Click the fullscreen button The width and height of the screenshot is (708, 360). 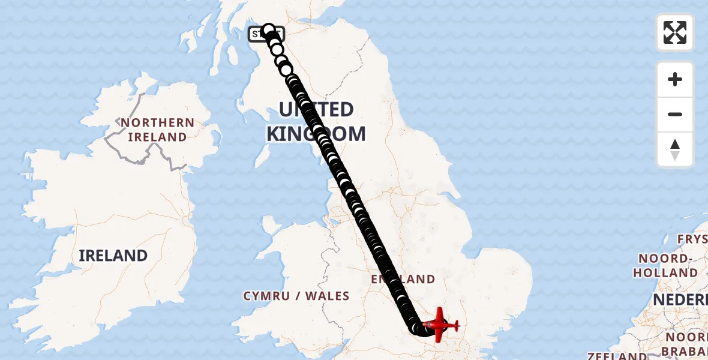675,32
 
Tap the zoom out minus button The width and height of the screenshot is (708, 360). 675,114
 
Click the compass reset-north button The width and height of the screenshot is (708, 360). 675,149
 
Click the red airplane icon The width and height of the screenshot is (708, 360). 441,325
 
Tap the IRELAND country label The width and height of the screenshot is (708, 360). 113,256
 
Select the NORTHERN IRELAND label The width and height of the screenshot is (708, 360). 157,130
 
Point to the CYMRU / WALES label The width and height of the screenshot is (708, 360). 296,296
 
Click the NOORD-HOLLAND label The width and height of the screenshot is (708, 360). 667,265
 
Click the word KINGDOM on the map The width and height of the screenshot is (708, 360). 316,134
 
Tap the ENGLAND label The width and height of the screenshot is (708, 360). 403,279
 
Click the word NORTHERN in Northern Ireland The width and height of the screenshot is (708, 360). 157,123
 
